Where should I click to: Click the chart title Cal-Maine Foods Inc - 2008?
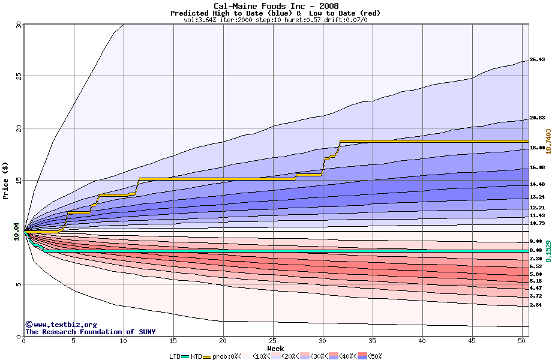pos(276,6)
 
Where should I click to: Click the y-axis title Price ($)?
pos(6,180)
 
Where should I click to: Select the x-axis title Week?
pos(275,348)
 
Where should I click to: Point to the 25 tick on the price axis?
pos(18,76)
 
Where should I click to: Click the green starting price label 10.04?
pos(17,231)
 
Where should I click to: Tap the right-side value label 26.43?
pos(537,60)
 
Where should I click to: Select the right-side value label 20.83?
pos(537,118)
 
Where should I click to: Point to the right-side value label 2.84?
pos(536,305)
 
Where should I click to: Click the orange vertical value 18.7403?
pos(548,143)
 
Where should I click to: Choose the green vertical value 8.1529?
pos(548,248)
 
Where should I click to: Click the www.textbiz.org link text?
pos(61,325)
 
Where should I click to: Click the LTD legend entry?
pos(175,356)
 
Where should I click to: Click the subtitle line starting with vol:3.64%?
pos(275,20)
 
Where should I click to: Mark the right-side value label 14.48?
pos(537,184)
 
